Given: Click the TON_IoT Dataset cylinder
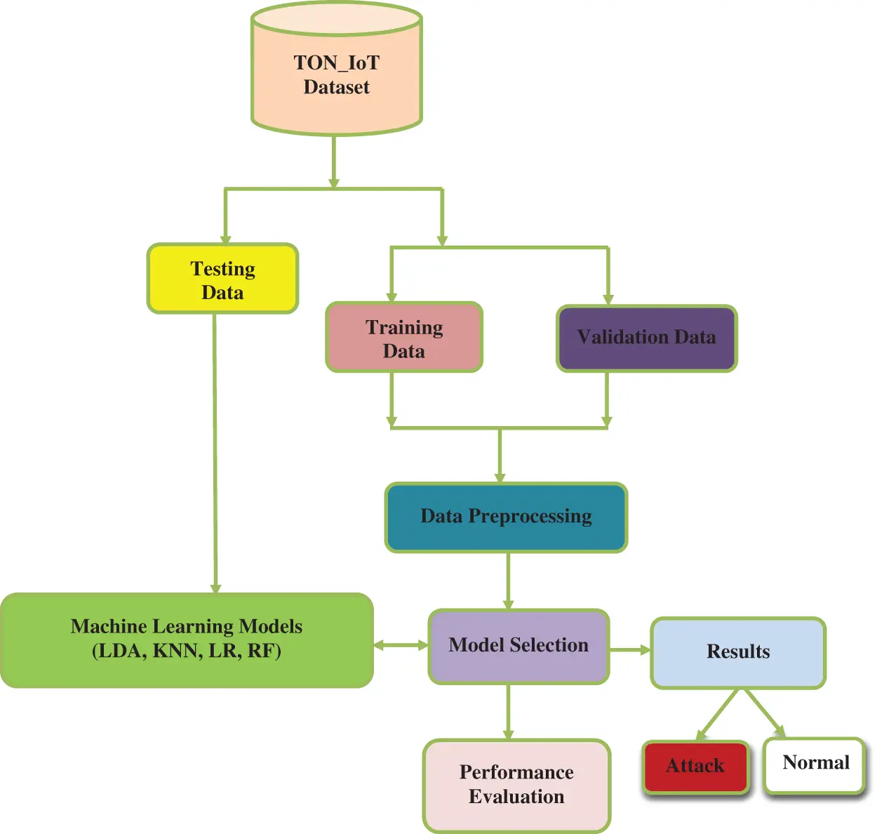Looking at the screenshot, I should coord(337,74).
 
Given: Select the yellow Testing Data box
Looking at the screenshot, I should coord(222,279).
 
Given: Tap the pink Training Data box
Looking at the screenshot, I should coord(404,338).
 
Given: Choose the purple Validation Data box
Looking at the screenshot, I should coord(646,338).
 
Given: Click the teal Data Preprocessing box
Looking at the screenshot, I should coord(506,517).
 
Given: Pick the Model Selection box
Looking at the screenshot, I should coord(518,646).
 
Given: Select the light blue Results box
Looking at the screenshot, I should coord(738,652).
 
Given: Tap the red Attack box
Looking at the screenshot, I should coord(695,767).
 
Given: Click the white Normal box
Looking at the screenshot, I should coord(815,763).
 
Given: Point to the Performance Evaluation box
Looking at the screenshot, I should coord(516,785).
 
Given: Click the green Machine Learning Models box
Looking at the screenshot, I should coord(187,639).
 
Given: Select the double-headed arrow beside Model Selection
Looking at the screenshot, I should coord(401,645).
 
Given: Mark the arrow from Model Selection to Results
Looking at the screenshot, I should coord(630,650).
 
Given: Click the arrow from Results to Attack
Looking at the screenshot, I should coord(717,714).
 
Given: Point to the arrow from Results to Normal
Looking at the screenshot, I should coord(765,713).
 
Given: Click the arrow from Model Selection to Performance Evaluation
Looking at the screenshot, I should coord(508,710).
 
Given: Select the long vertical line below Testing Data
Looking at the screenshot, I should coord(215,449).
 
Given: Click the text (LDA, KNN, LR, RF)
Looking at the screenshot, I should coord(187,651).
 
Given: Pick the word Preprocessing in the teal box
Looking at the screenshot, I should coord(530,517).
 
